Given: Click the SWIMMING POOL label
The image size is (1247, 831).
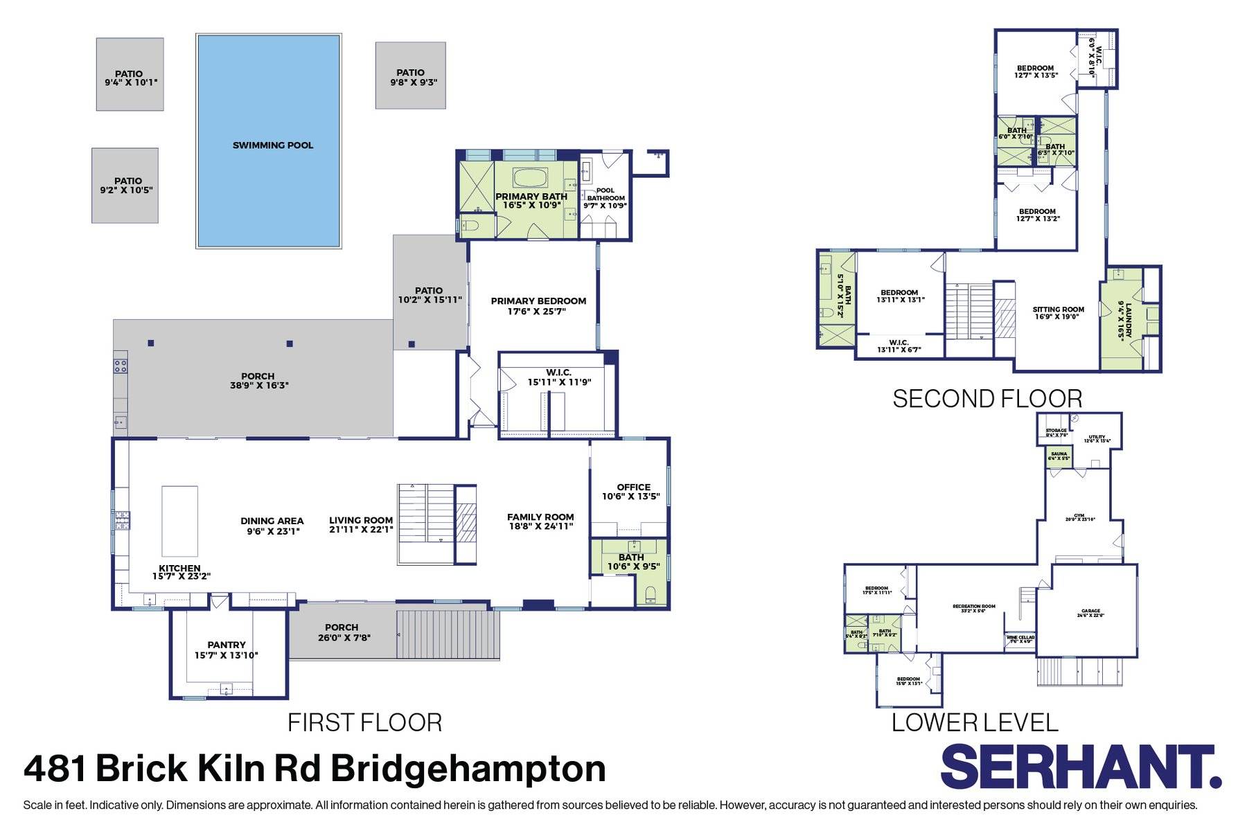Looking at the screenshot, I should pyautogui.click(x=272, y=145).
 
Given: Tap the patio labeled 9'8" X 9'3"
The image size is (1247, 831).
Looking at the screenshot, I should pyautogui.click(x=410, y=76).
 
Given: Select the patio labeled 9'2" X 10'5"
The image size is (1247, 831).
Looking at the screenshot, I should pyautogui.click(x=125, y=186).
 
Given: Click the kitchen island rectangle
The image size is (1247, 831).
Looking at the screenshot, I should pyautogui.click(x=179, y=517).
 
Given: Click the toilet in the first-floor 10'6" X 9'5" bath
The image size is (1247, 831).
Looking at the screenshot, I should pyautogui.click(x=650, y=593).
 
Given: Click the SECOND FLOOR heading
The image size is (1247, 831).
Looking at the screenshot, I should pyautogui.click(x=987, y=399).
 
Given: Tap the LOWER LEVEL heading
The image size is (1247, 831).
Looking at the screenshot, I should pyautogui.click(x=975, y=723).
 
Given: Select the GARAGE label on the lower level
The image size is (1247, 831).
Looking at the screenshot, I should pyautogui.click(x=1090, y=614).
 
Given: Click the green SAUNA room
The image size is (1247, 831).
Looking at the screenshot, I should pyautogui.click(x=1059, y=456).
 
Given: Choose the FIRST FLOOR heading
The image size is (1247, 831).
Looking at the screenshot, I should pyautogui.click(x=364, y=723).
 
